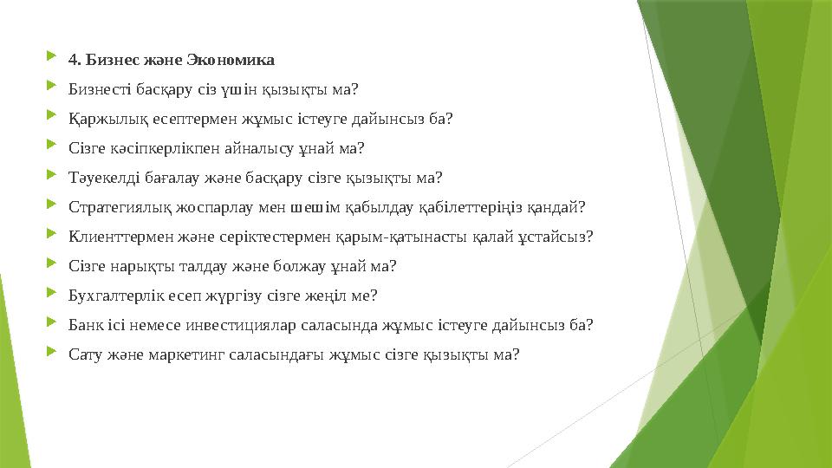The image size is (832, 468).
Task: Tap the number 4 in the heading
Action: (73, 60)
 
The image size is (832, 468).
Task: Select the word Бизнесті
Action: (98, 89)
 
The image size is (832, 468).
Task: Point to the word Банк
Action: (84, 325)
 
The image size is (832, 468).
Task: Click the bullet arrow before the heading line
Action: (55, 59)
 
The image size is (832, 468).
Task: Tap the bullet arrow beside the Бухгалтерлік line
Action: (55, 295)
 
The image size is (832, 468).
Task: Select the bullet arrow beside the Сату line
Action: (55, 354)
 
